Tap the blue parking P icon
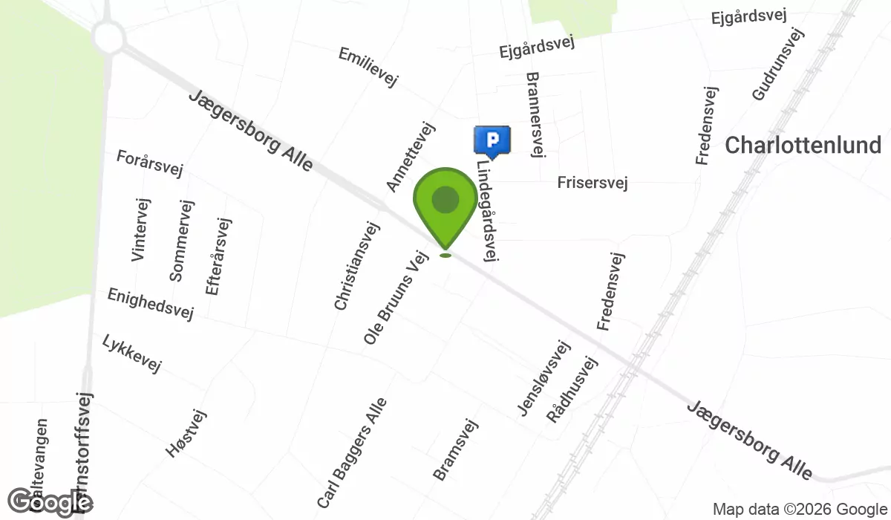[x=492, y=140]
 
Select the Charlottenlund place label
[x=803, y=145]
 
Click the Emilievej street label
[x=368, y=68]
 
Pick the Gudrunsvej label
[x=778, y=65]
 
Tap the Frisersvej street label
[x=593, y=182]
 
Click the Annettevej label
[x=409, y=156]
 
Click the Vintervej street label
[x=140, y=230]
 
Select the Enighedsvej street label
[x=151, y=304]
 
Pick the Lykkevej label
[x=131, y=353]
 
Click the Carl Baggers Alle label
[x=352, y=453]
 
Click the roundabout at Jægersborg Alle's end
[x=108, y=35]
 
